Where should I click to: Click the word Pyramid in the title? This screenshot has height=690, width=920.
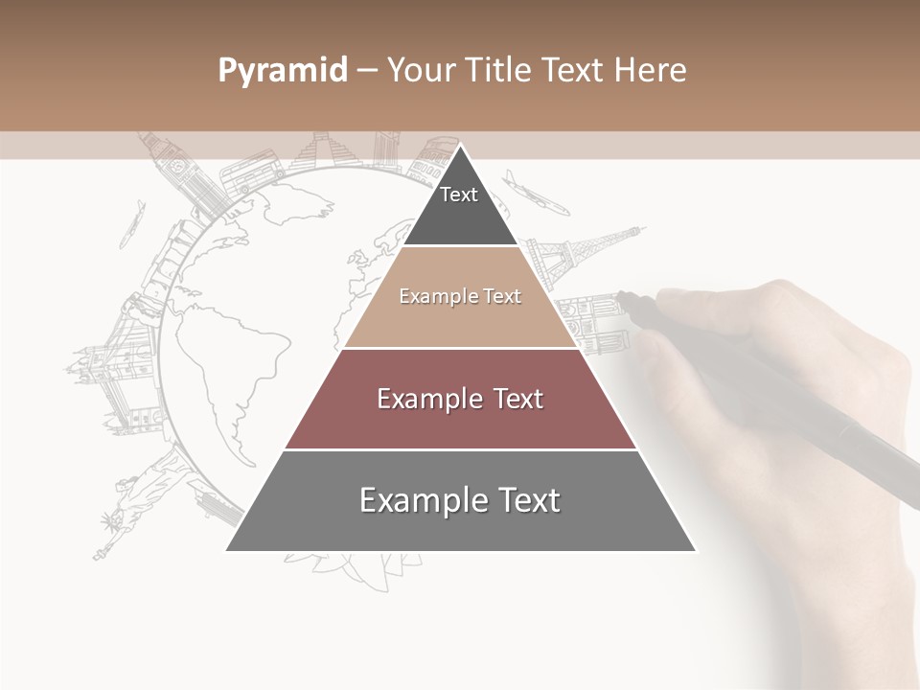pos(283,70)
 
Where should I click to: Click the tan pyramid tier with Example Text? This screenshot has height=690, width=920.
pos(460,297)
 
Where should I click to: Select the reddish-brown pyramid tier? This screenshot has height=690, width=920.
pos(460,399)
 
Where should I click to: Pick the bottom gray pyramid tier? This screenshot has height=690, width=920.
pos(460,501)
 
